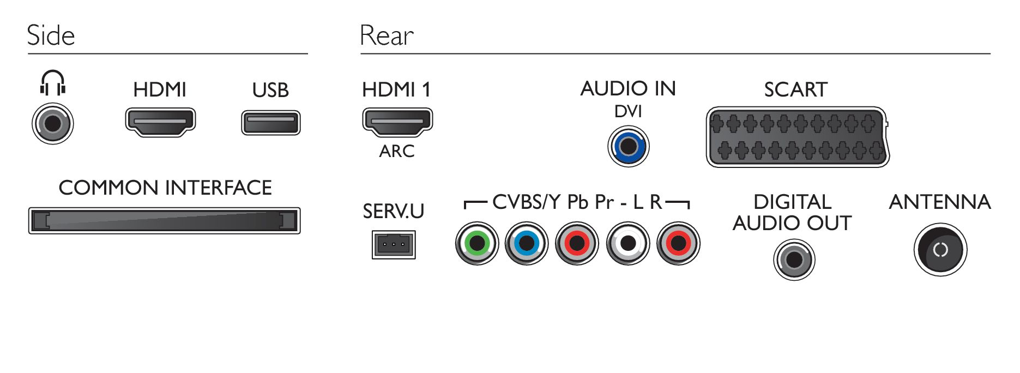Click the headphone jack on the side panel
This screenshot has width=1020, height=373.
(52, 123)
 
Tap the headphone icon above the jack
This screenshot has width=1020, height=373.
(52, 82)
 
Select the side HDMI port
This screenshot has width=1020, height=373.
(160, 122)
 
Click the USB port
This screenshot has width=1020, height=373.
(271, 123)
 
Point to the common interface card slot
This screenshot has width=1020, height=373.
(165, 220)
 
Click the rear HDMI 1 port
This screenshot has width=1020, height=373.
(397, 122)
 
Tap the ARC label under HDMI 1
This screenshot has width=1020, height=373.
(397, 151)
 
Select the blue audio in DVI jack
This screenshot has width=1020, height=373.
(629, 146)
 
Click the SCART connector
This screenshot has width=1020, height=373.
(798, 137)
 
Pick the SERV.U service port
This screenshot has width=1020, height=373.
(394, 244)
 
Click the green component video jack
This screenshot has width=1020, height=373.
(477, 243)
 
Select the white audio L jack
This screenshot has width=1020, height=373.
(628, 243)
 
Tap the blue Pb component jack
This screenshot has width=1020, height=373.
(527, 243)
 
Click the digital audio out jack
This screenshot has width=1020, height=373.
(794, 260)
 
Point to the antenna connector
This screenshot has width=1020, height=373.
(940, 250)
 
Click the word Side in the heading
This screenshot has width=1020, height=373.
(51, 35)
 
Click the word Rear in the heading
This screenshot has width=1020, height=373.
(387, 36)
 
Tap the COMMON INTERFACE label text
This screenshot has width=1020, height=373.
(165, 188)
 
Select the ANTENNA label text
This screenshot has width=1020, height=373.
(940, 202)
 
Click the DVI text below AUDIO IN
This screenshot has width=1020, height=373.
(628, 111)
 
